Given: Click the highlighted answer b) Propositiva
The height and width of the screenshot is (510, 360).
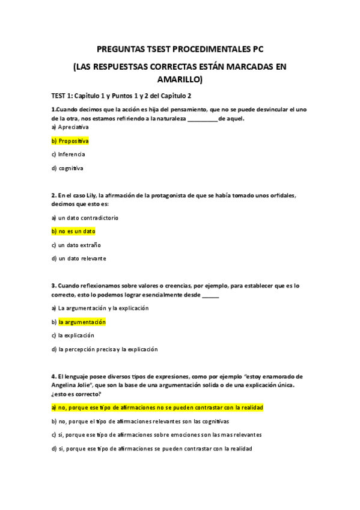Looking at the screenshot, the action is (70, 141).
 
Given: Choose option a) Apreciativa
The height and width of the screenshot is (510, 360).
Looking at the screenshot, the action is (70, 127).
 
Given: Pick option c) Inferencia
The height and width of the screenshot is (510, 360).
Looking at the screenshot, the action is (68, 155).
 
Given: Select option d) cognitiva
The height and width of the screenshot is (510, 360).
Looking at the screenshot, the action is (67, 168).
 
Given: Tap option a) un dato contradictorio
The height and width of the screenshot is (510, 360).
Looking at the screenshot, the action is (85, 218).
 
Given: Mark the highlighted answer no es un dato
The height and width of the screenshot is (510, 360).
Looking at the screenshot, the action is (73, 231).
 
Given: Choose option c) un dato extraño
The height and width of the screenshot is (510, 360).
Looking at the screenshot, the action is (76, 245).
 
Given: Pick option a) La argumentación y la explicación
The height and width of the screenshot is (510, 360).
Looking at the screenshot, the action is (100, 308).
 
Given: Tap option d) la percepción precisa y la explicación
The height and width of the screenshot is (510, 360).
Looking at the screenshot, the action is (104, 349).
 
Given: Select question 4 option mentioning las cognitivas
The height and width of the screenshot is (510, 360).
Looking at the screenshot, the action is (140, 422).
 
